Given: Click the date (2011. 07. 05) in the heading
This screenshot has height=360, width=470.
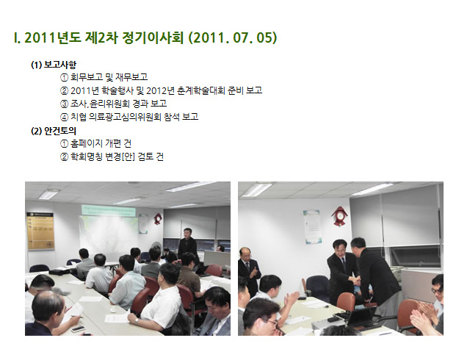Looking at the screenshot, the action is coord(233,38).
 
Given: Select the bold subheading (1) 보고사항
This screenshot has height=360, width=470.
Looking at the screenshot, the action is coord(54,65).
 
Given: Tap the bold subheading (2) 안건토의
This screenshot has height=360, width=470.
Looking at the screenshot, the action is coord(54,131).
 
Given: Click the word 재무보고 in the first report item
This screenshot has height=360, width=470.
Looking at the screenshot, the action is coord(131,77).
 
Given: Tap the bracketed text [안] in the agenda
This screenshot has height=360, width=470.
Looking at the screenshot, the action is coord(129,156).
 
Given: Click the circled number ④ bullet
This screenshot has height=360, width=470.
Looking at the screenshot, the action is coord(64,117).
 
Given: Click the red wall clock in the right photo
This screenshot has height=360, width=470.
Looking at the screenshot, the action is coord(339,216).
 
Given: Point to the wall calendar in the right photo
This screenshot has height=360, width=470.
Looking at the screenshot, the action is coord(311,226).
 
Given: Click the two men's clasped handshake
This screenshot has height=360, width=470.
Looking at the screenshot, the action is coord(356,281).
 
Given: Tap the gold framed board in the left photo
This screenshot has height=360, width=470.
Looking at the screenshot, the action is coord(40,231).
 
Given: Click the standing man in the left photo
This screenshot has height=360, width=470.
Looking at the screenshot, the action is coord(188,245).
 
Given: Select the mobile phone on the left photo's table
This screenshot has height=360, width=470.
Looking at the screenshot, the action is coord(78,329).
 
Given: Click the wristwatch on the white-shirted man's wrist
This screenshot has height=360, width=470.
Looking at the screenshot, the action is coord(137,321).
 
